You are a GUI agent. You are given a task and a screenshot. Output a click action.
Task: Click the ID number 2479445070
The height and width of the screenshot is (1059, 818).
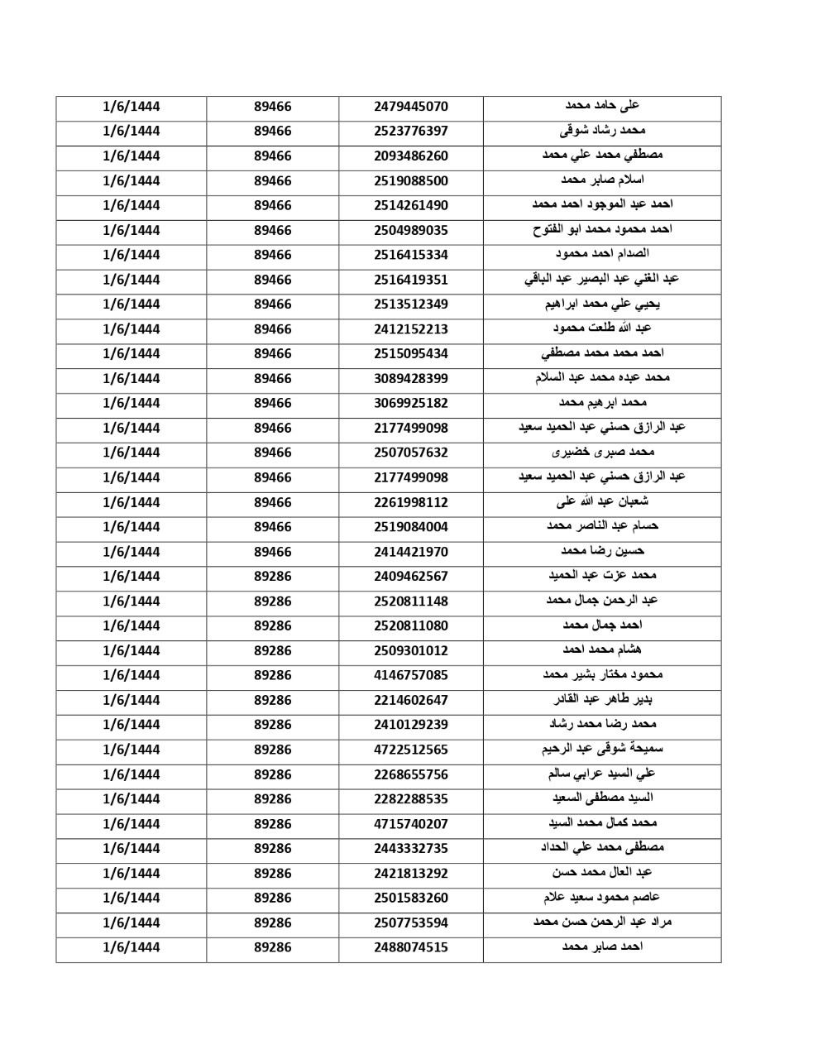tap(410, 107)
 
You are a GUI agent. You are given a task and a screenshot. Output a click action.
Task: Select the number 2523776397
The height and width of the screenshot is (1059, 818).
tap(410, 132)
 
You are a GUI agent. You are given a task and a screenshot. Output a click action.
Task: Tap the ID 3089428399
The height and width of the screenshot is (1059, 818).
tap(410, 379)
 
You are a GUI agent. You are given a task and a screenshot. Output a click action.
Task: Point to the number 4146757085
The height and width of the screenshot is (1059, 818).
tap(410, 676)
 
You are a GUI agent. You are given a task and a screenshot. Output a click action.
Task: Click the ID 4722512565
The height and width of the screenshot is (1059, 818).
tap(410, 750)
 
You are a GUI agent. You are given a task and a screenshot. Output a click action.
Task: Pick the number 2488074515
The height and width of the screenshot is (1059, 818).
tap(410, 948)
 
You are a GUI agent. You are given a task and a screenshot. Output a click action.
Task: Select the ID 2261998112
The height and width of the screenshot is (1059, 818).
tap(410, 503)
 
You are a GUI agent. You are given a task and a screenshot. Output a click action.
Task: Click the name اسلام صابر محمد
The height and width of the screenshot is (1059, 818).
tap(602, 180)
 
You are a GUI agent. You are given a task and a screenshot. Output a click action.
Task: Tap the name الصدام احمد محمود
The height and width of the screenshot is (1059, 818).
tap(602, 254)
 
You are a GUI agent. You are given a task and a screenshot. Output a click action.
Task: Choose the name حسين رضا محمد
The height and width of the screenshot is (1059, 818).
tap(602, 551)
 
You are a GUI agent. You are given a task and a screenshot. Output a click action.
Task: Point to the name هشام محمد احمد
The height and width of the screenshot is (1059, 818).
tap(602, 650)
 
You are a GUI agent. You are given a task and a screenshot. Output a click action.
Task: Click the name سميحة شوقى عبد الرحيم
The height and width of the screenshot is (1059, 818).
tap(602, 750)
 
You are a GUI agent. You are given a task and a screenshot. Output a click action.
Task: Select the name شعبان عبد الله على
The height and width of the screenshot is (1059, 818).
tap(602, 502)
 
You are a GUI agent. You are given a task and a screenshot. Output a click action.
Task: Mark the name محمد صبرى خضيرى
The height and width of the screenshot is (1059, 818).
tap(602, 453)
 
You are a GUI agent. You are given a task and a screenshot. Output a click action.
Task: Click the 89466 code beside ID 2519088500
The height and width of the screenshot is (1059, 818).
tap(272, 181)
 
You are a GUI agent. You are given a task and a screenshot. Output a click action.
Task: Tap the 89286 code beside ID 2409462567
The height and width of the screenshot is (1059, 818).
tap(272, 577)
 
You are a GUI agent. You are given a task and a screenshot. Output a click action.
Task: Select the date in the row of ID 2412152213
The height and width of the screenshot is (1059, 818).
tap(131, 329)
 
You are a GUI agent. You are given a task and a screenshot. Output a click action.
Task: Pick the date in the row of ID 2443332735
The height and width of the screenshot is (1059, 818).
tap(131, 849)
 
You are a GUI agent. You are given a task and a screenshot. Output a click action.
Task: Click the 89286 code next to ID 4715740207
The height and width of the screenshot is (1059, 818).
tap(272, 824)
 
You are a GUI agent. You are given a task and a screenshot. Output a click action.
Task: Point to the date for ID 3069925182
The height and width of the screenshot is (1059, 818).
tap(131, 404)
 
